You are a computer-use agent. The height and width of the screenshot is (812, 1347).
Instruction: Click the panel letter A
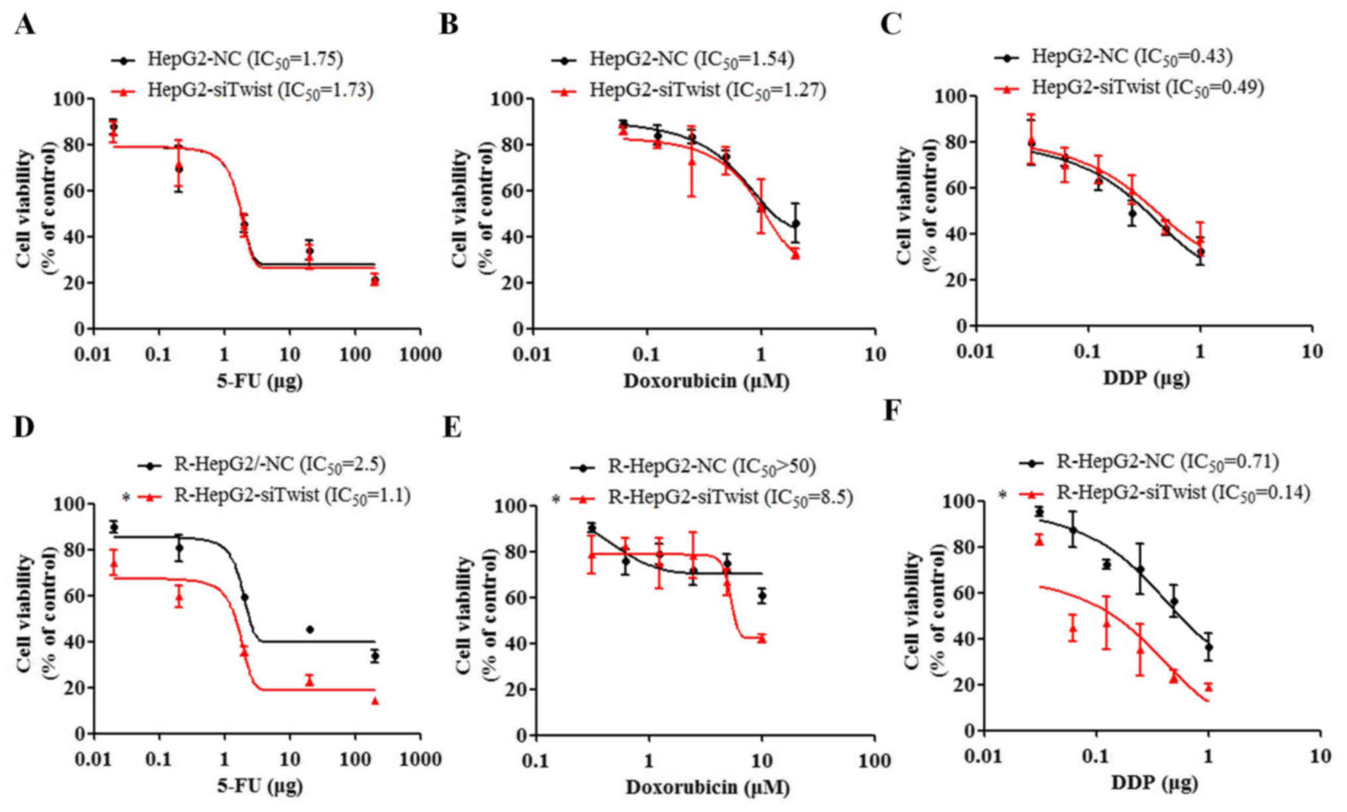(x=25, y=25)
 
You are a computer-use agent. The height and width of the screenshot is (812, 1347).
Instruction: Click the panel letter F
(x=893, y=411)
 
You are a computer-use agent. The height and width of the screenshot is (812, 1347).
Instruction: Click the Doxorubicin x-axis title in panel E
(x=708, y=787)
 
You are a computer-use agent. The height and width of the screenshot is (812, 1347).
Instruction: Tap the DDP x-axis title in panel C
(x=1146, y=378)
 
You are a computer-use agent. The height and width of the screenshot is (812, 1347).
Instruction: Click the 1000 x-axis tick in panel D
(x=420, y=759)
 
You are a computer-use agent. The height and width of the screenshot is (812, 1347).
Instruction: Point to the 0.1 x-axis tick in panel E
(x=535, y=760)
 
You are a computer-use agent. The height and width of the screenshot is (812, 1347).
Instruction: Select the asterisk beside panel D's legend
(x=126, y=497)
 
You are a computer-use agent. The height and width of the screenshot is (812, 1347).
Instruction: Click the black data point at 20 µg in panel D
(x=310, y=629)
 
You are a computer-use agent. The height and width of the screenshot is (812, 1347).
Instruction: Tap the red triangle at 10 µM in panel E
(x=762, y=638)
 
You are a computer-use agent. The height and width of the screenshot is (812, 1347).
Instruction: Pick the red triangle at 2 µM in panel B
(x=795, y=254)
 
